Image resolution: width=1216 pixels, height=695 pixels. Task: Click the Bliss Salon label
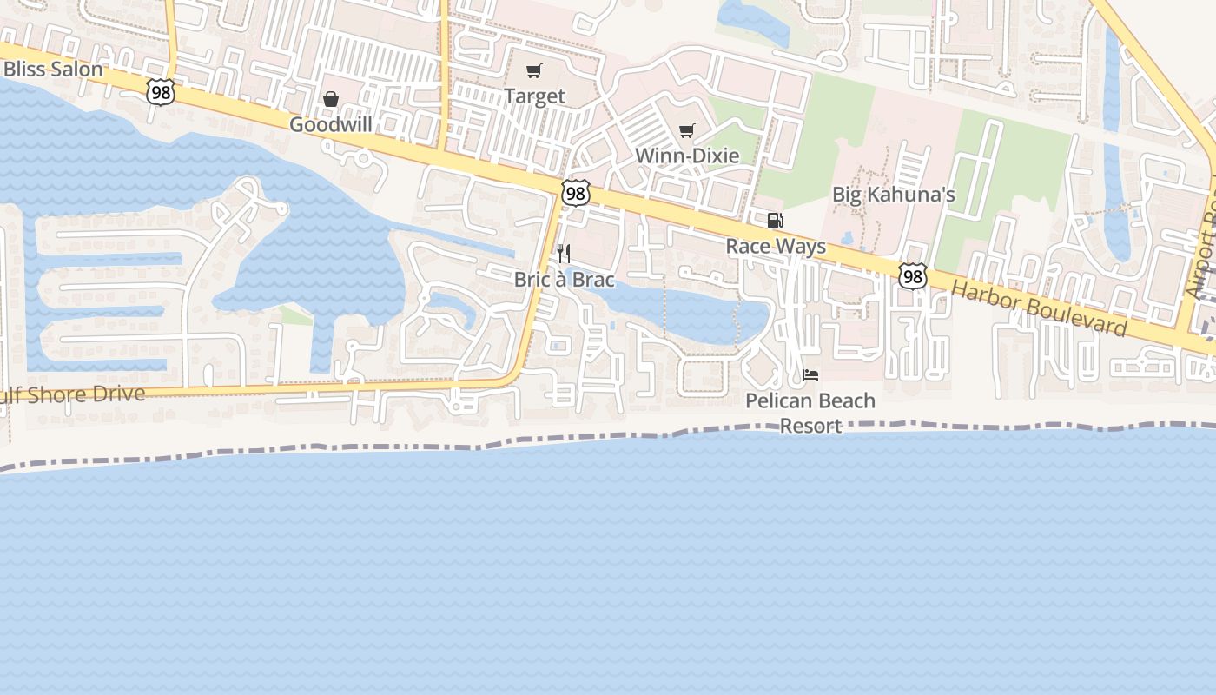[52, 69]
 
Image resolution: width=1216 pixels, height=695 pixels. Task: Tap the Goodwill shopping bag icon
[331, 99]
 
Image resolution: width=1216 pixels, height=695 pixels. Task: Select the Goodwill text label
[331, 124]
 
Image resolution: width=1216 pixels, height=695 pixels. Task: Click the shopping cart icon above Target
[534, 70]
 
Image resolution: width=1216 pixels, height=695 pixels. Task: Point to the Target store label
[534, 96]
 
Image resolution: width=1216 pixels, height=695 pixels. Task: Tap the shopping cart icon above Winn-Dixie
[687, 130]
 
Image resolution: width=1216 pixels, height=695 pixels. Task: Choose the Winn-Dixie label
[687, 156]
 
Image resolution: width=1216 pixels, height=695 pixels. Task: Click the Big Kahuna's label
[894, 194]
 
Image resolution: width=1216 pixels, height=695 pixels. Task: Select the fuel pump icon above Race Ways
[776, 221]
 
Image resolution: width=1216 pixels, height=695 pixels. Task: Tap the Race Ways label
[776, 246]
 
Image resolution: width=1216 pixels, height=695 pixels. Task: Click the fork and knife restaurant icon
[564, 254]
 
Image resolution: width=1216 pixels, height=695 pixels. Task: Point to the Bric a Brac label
[564, 279]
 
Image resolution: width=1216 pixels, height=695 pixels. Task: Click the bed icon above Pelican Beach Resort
[810, 375]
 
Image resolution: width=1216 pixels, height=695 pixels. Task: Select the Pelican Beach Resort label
[810, 413]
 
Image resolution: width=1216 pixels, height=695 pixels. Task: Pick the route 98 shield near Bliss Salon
[160, 92]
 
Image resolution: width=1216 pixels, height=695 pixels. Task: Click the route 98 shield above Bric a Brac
[575, 193]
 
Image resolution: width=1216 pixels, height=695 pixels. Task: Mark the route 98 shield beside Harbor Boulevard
[912, 276]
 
